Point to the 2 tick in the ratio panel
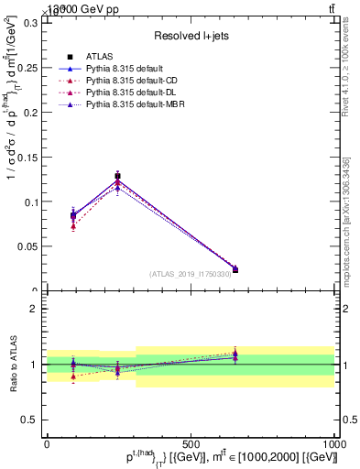pyautogui.click(x=36, y=309)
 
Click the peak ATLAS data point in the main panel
pyautogui.click(x=117, y=176)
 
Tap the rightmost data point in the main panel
pyautogui.click(x=235, y=269)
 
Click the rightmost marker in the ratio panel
pyautogui.click(x=235, y=354)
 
